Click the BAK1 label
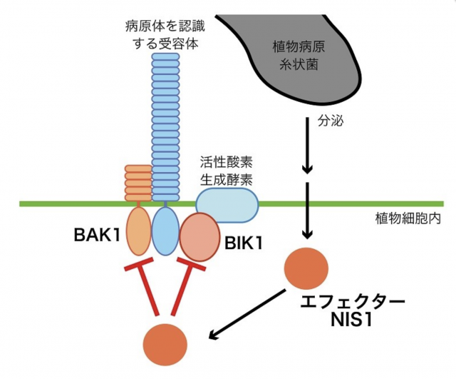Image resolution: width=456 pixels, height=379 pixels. [x=97, y=235]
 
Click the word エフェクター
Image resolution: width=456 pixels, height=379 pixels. [x=352, y=302]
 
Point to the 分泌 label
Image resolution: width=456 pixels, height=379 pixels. [x=331, y=121]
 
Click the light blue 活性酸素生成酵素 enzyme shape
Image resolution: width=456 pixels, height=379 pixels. [x=227, y=206]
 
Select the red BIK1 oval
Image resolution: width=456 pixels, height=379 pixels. [x=199, y=237]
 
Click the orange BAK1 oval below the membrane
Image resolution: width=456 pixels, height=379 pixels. [x=139, y=231]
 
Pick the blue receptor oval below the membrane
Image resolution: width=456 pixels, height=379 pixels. [x=166, y=232]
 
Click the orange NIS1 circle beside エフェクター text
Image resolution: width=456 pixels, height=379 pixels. [x=306, y=268]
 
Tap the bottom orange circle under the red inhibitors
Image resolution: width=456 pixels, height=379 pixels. [x=165, y=344]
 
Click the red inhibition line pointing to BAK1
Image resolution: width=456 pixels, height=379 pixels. [x=145, y=285]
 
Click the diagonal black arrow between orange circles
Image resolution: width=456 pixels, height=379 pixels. [x=247, y=315]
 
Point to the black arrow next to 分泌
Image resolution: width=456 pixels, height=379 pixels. [x=307, y=146]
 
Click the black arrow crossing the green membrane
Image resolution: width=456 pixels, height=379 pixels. [x=307, y=211]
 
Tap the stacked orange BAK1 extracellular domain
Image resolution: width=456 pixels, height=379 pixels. [x=139, y=183]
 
